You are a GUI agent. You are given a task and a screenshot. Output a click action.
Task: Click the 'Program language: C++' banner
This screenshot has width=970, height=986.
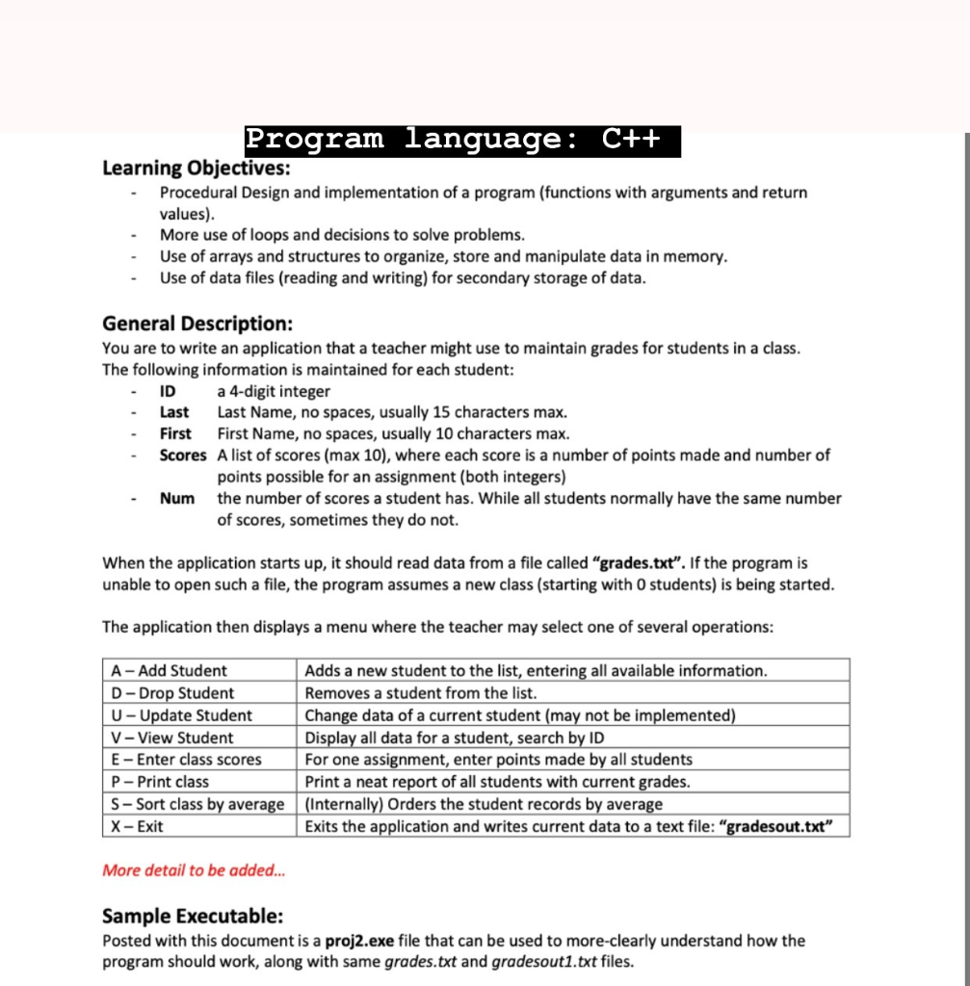[x=462, y=141]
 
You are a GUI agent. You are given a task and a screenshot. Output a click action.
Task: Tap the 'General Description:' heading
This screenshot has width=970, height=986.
[x=197, y=324]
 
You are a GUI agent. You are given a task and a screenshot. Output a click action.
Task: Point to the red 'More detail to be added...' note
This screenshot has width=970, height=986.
[x=194, y=870]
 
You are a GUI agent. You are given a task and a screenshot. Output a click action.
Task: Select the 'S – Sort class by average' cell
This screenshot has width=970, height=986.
[x=197, y=804]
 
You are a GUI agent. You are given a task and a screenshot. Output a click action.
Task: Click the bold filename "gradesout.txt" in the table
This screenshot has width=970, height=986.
[x=777, y=826]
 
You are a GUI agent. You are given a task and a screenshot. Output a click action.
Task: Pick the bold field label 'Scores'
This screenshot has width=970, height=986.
[x=183, y=454]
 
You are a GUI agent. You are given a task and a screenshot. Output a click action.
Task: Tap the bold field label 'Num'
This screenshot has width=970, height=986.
[x=177, y=498]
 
